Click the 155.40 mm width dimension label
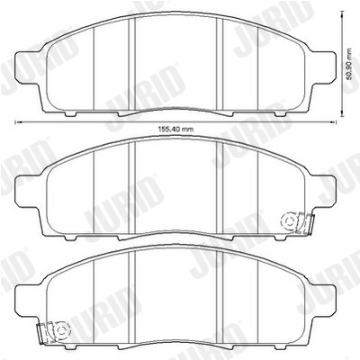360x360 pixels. point(175,130)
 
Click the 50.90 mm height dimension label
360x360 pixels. point(348,64)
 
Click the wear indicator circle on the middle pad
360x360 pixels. point(290,221)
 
